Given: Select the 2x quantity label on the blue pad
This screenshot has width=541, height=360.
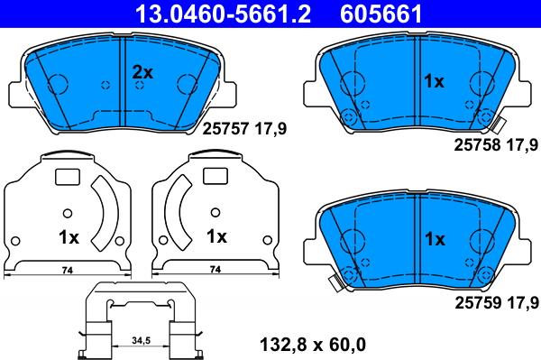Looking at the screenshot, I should tap(143, 71).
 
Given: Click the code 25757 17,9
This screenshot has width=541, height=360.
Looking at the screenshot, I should tap(244, 129).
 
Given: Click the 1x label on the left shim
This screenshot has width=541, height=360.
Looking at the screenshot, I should tap(69, 238).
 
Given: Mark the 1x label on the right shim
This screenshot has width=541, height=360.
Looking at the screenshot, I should tap(216, 238).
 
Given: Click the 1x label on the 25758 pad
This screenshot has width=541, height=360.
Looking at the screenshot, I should tap(435, 82).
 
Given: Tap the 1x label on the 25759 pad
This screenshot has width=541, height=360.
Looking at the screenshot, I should tap(435, 239).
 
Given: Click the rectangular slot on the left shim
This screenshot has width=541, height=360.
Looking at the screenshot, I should tap(68, 177).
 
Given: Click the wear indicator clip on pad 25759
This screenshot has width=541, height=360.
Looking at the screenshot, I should tap(335, 282).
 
